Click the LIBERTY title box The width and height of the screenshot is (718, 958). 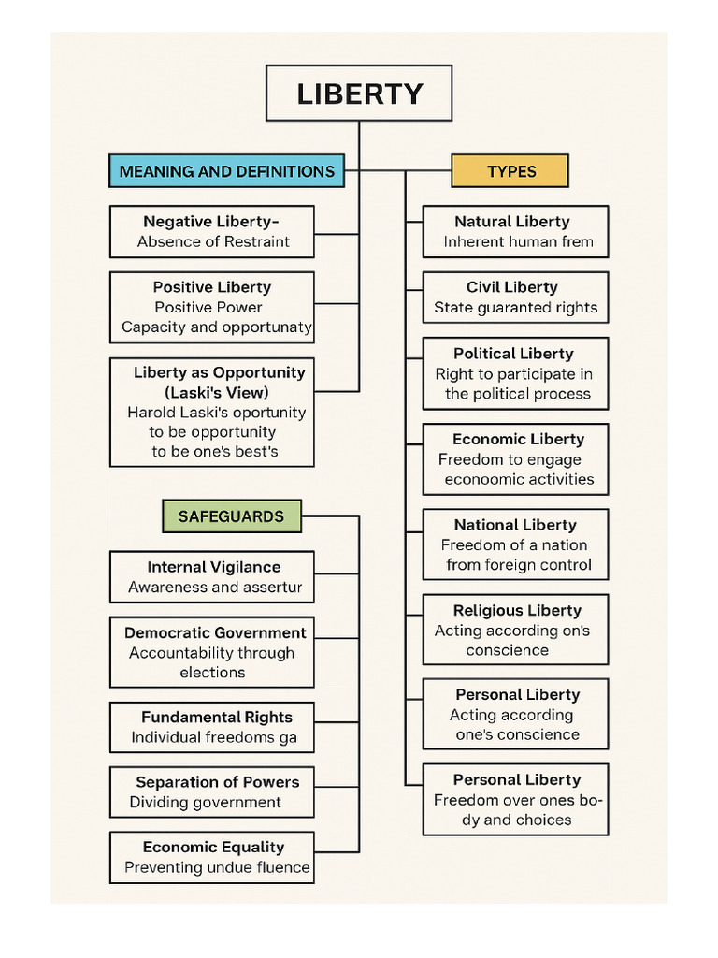[359, 94]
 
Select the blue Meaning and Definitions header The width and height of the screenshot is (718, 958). [226, 171]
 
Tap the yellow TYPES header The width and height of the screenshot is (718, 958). [510, 171]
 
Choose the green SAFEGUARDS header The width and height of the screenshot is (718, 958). [231, 515]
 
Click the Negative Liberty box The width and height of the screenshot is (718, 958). [212, 231]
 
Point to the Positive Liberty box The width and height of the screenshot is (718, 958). [212, 307]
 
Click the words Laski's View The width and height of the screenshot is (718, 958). [216, 392]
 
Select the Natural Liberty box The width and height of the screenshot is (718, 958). [515, 231]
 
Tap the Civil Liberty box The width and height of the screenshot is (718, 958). [515, 298]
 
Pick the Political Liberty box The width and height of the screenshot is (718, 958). [515, 373]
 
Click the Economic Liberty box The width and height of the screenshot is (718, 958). [515, 458]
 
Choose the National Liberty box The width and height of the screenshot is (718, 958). [515, 544]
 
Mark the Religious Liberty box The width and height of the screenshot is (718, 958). [515, 630]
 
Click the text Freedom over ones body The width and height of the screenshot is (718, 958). [517, 810]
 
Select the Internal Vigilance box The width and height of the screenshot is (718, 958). [212, 576]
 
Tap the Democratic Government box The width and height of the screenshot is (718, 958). [212, 652]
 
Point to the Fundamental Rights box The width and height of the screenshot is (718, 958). [212, 727]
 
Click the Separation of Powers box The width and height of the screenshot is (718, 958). [212, 791]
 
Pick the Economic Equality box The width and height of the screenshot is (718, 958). [212, 857]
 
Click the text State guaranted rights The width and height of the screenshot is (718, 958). [515, 308]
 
